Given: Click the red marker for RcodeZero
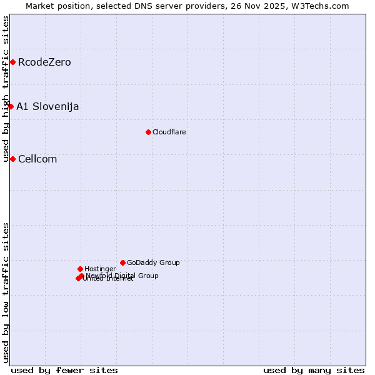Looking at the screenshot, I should (x=12, y=62).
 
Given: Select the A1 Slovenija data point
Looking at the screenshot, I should (x=11, y=106).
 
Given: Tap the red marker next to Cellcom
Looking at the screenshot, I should (x=12, y=159).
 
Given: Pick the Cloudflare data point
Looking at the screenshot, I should (x=148, y=132).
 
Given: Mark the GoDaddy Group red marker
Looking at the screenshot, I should (x=122, y=262).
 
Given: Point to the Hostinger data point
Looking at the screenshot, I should (x=80, y=269).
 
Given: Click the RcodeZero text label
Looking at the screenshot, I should (x=44, y=62).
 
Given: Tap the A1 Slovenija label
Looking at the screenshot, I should (x=47, y=106).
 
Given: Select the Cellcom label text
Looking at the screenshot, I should (x=37, y=159).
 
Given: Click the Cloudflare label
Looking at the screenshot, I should (x=169, y=132).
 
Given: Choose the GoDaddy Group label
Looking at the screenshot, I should (x=153, y=262).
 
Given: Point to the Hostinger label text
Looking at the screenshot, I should (x=100, y=269).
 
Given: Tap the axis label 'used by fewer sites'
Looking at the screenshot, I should (x=64, y=370).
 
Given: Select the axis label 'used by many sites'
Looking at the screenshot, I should (x=314, y=370).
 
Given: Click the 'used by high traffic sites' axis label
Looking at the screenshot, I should (x=6, y=89).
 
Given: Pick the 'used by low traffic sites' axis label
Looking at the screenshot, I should (x=6, y=292).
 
